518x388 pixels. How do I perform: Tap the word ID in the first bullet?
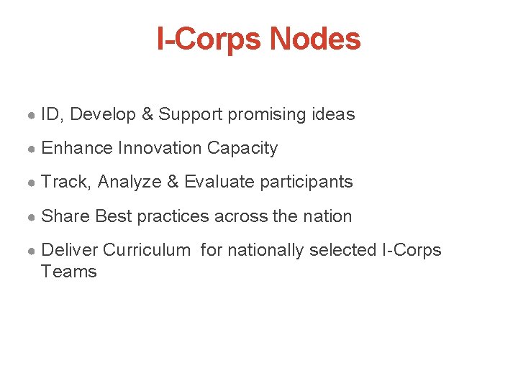point(50,114)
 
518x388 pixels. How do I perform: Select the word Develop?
point(103,114)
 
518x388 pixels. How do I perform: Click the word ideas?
point(332,114)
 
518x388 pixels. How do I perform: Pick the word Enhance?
point(77,148)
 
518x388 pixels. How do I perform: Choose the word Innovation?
point(160,148)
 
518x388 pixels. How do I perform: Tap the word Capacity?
point(242,148)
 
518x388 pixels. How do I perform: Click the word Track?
point(66,182)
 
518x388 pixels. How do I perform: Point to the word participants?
point(306,182)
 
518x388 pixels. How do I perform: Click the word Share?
point(66,216)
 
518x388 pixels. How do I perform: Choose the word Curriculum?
point(147,250)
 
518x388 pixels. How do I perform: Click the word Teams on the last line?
point(69,272)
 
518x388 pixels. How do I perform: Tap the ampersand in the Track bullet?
point(172,182)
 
